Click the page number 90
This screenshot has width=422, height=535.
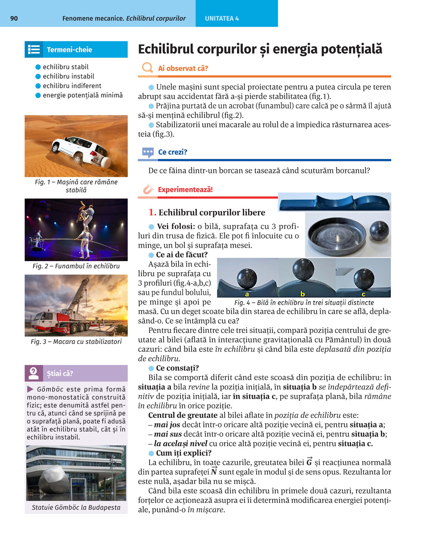tap(14, 19)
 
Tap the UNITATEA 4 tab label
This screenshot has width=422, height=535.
tap(222, 19)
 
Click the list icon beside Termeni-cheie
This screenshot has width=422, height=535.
tap(34, 49)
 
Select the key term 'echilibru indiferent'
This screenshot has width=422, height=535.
tap(72, 86)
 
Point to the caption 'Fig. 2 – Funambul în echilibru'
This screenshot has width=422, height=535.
tap(76, 266)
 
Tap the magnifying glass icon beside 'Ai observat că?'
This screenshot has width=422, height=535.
tap(147, 68)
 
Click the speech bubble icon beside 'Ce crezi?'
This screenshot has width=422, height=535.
tap(148, 152)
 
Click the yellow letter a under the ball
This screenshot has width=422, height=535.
tap(247, 294)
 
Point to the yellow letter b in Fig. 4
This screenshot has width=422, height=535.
tap(303, 294)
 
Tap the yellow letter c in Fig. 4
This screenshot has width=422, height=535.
tap(364, 294)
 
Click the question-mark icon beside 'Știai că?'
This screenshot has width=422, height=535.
tap(33, 373)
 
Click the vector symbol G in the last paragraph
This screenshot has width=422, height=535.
tap(309, 462)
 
